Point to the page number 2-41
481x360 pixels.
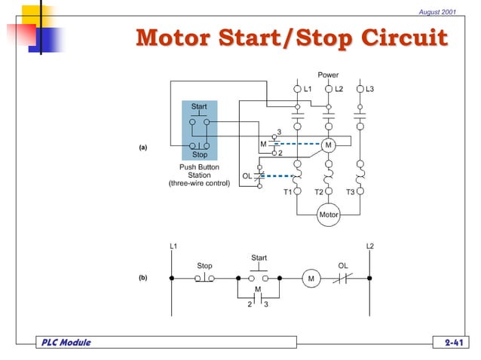coord(452,343)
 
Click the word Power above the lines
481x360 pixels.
coord(328,75)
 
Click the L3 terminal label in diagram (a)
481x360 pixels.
coord(369,90)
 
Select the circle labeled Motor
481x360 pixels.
coord(329,215)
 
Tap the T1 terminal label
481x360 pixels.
coord(287,192)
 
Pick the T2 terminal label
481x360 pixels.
coord(319,192)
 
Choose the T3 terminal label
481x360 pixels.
coord(351,192)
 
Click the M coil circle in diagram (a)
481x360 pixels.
coord(328,145)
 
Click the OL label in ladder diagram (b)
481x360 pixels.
coord(343,265)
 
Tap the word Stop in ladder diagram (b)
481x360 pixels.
coord(204,265)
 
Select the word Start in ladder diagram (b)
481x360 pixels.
coord(259,258)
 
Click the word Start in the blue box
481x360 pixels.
coord(199,107)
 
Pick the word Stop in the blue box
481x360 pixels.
coord(199,154)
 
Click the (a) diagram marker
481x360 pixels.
coord(142,148)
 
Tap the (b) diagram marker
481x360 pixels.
coord(142,278)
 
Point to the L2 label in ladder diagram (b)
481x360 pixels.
coord(369,246)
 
